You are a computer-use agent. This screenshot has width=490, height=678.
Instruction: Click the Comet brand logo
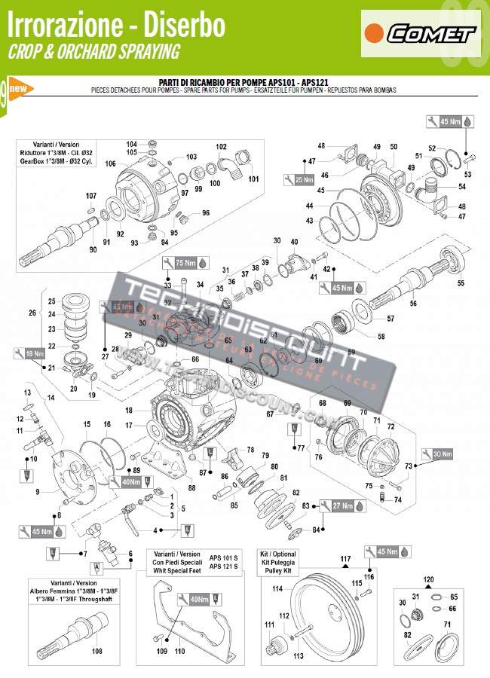[x=421, y=33]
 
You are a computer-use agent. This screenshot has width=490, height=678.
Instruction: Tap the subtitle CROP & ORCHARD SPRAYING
[x=93, y=52]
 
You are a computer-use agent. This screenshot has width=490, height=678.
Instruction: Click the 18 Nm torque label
[x=34, y=353]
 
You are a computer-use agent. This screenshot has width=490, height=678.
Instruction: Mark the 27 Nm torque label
[x=341, y=506]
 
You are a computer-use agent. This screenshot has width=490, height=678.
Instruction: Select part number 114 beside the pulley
[x=277, y=588]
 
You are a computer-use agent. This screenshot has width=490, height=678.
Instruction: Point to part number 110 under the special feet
[x=179, y=650]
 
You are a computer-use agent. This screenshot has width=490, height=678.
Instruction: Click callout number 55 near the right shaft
[x=461, y=283]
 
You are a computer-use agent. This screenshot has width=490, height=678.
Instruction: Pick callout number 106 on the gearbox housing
[x=110, y=163]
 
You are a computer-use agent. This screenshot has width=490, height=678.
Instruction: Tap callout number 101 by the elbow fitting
[x=253, y=179]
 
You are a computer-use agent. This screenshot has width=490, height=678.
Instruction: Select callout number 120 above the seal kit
[x=428, y=579]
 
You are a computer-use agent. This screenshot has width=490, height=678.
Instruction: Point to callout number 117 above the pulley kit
[x=345, y=558]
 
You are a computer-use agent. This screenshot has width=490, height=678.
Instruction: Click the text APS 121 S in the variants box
[x=223, y=567]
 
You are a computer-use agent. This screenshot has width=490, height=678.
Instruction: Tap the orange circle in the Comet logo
[x=372, y=33]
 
